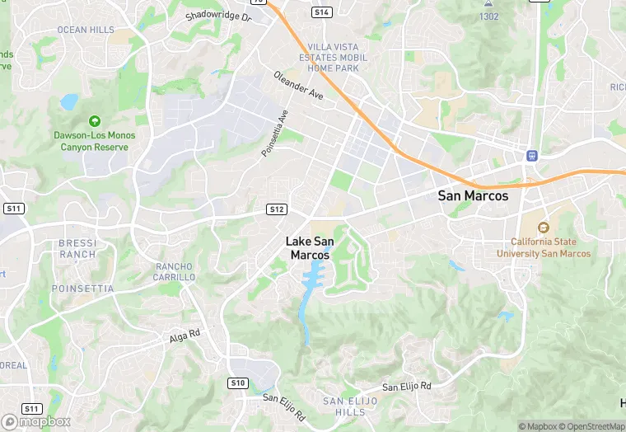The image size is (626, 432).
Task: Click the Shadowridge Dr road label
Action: coord(217,16)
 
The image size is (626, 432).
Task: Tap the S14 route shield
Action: coord(321,12)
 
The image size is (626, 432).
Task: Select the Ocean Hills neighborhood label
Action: coord(86,30)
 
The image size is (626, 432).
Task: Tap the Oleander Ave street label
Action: coord(298,85)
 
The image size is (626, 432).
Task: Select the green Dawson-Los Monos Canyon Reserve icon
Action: coord(94,121)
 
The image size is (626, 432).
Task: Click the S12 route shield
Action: coord(277,209)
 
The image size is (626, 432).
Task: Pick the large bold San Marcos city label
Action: coord(473,196)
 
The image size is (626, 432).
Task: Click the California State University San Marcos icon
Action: coord(543,228)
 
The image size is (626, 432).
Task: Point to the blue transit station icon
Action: coord(532,154)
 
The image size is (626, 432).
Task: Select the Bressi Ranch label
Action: coord(77,249)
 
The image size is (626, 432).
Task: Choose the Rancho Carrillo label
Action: coord(175,272)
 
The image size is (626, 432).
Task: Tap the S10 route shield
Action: coord(238,383)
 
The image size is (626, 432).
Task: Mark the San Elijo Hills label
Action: coord(350,406)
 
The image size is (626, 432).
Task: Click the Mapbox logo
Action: coord(36,420)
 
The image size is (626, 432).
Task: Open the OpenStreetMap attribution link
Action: coord(592,426)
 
